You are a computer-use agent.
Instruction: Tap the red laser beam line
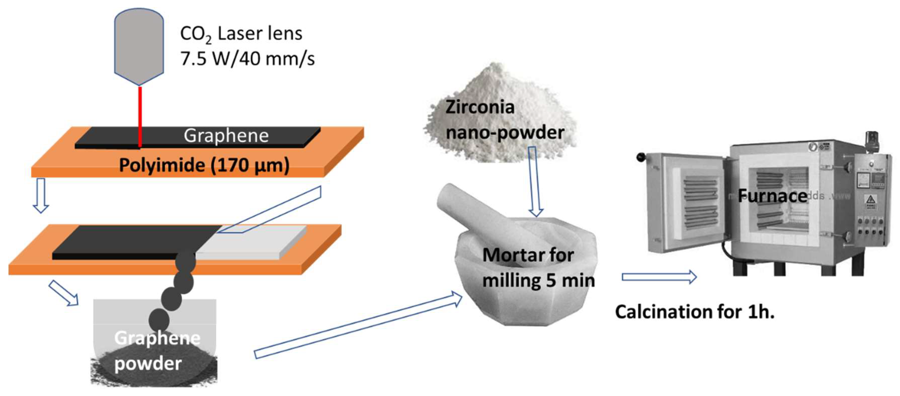click(x=140, y=112)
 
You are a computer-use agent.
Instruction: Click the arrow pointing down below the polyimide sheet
click(x=40, y=195)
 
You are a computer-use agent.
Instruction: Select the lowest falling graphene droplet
click(x=159, y=320)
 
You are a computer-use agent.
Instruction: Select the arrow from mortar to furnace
click(x=659, y=277)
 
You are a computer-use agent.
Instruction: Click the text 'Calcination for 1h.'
click(x=695, y=312)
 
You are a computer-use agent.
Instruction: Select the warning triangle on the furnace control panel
click(x=870, y=200)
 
